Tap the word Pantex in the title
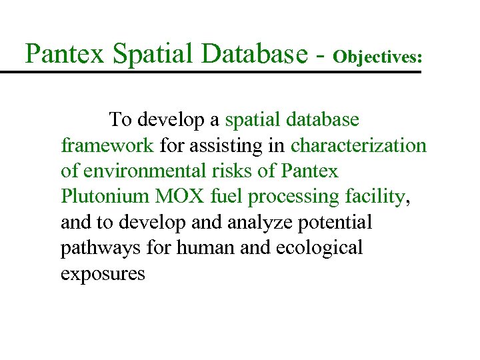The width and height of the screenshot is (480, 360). click(x=64, y=53)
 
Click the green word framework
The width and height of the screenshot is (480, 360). click(x=107, y=145)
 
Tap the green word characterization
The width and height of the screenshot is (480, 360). click(x=358, y=145)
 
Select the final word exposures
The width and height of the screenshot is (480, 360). click(x=102, y=274)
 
